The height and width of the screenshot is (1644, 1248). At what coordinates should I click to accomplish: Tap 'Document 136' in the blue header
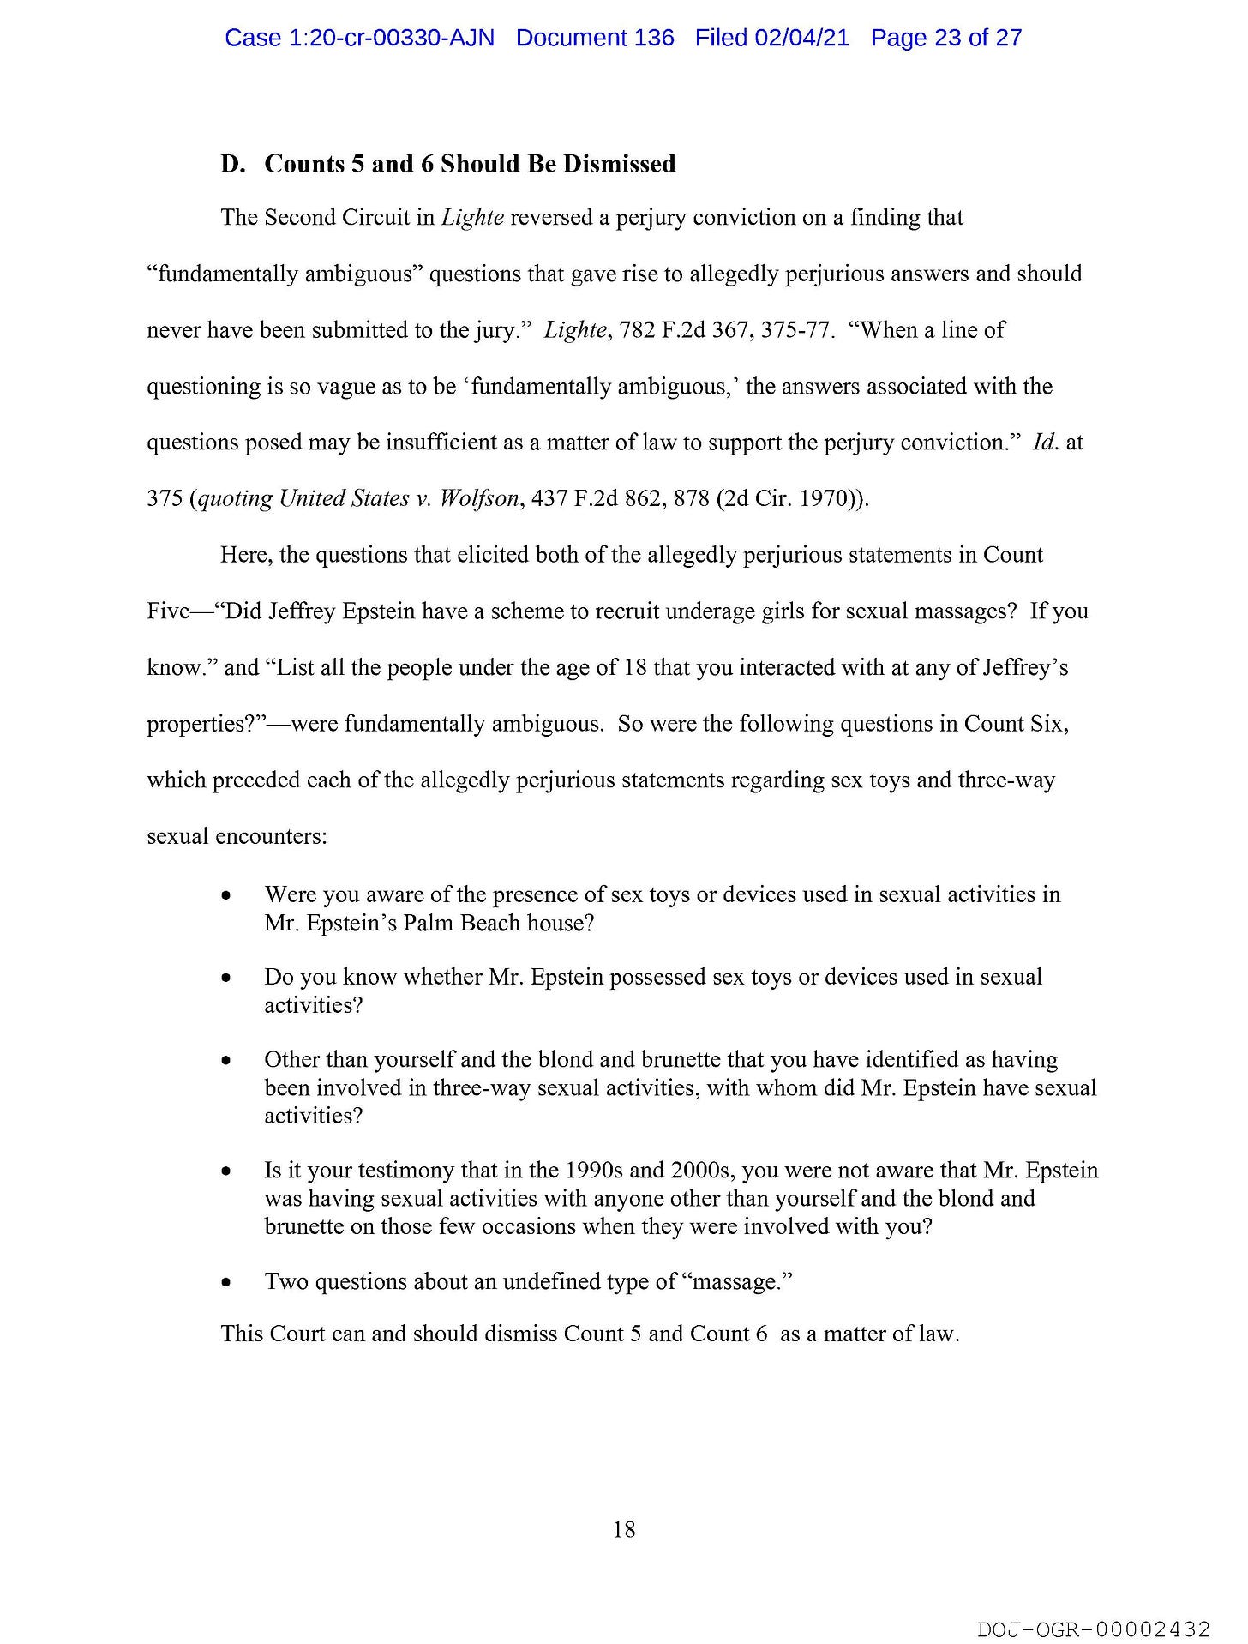point(595,38)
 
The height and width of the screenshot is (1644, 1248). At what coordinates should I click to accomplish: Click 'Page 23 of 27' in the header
point(945,38)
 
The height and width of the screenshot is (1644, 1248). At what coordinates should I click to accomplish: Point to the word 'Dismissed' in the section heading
point(620,164)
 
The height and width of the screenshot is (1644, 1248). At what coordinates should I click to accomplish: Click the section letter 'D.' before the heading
point(232,164)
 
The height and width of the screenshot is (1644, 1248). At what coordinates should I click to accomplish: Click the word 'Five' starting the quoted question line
point(168,611)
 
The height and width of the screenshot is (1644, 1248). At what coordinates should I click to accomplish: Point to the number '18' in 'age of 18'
point(635,667)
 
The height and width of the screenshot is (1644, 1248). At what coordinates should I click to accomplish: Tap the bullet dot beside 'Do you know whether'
point(225,978)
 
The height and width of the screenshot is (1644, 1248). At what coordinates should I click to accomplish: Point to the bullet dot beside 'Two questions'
point(225,1283)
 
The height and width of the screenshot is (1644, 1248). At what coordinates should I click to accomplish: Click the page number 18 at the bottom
point(624,1529)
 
